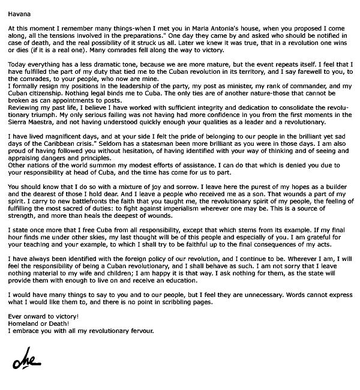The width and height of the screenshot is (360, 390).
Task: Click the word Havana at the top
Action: [18, 10]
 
